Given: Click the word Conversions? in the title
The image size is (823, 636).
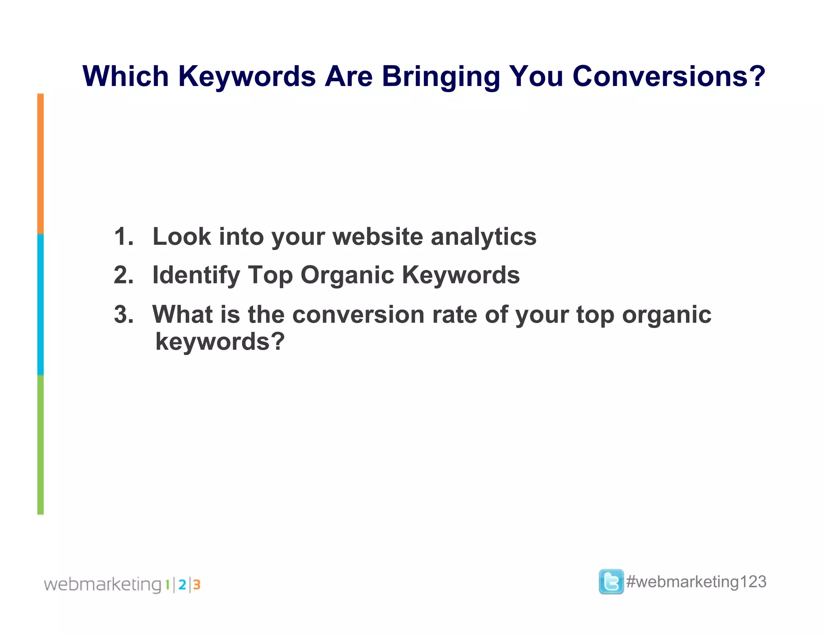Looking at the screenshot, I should (x=668, y=76).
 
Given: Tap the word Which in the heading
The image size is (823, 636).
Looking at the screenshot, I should (x=125, y=76).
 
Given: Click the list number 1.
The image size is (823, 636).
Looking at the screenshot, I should (x=123, y=236).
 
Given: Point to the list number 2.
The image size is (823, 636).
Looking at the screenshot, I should (x=123, y=275).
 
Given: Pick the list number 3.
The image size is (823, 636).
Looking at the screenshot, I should (x=123, y=314).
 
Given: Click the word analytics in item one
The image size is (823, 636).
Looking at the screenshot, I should (x=483, y=237).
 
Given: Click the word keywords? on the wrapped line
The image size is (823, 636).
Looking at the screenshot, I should (x=220, y=342).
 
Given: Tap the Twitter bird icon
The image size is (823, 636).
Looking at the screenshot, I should (x=611, y=582).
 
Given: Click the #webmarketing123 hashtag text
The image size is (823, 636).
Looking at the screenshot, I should (x=696, y=582).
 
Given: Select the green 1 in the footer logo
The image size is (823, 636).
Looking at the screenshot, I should (x=168, y=585).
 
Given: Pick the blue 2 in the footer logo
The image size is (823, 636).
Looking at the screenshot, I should (x=182, y=585).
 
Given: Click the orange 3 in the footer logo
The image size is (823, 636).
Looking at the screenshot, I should (x=197, y=585).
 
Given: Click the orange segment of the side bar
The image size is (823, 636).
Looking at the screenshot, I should (x=40, y=164).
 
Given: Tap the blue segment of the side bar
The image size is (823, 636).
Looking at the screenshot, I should (x=40, y=304).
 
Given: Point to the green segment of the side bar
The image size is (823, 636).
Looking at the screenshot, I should (x=40, y=445).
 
